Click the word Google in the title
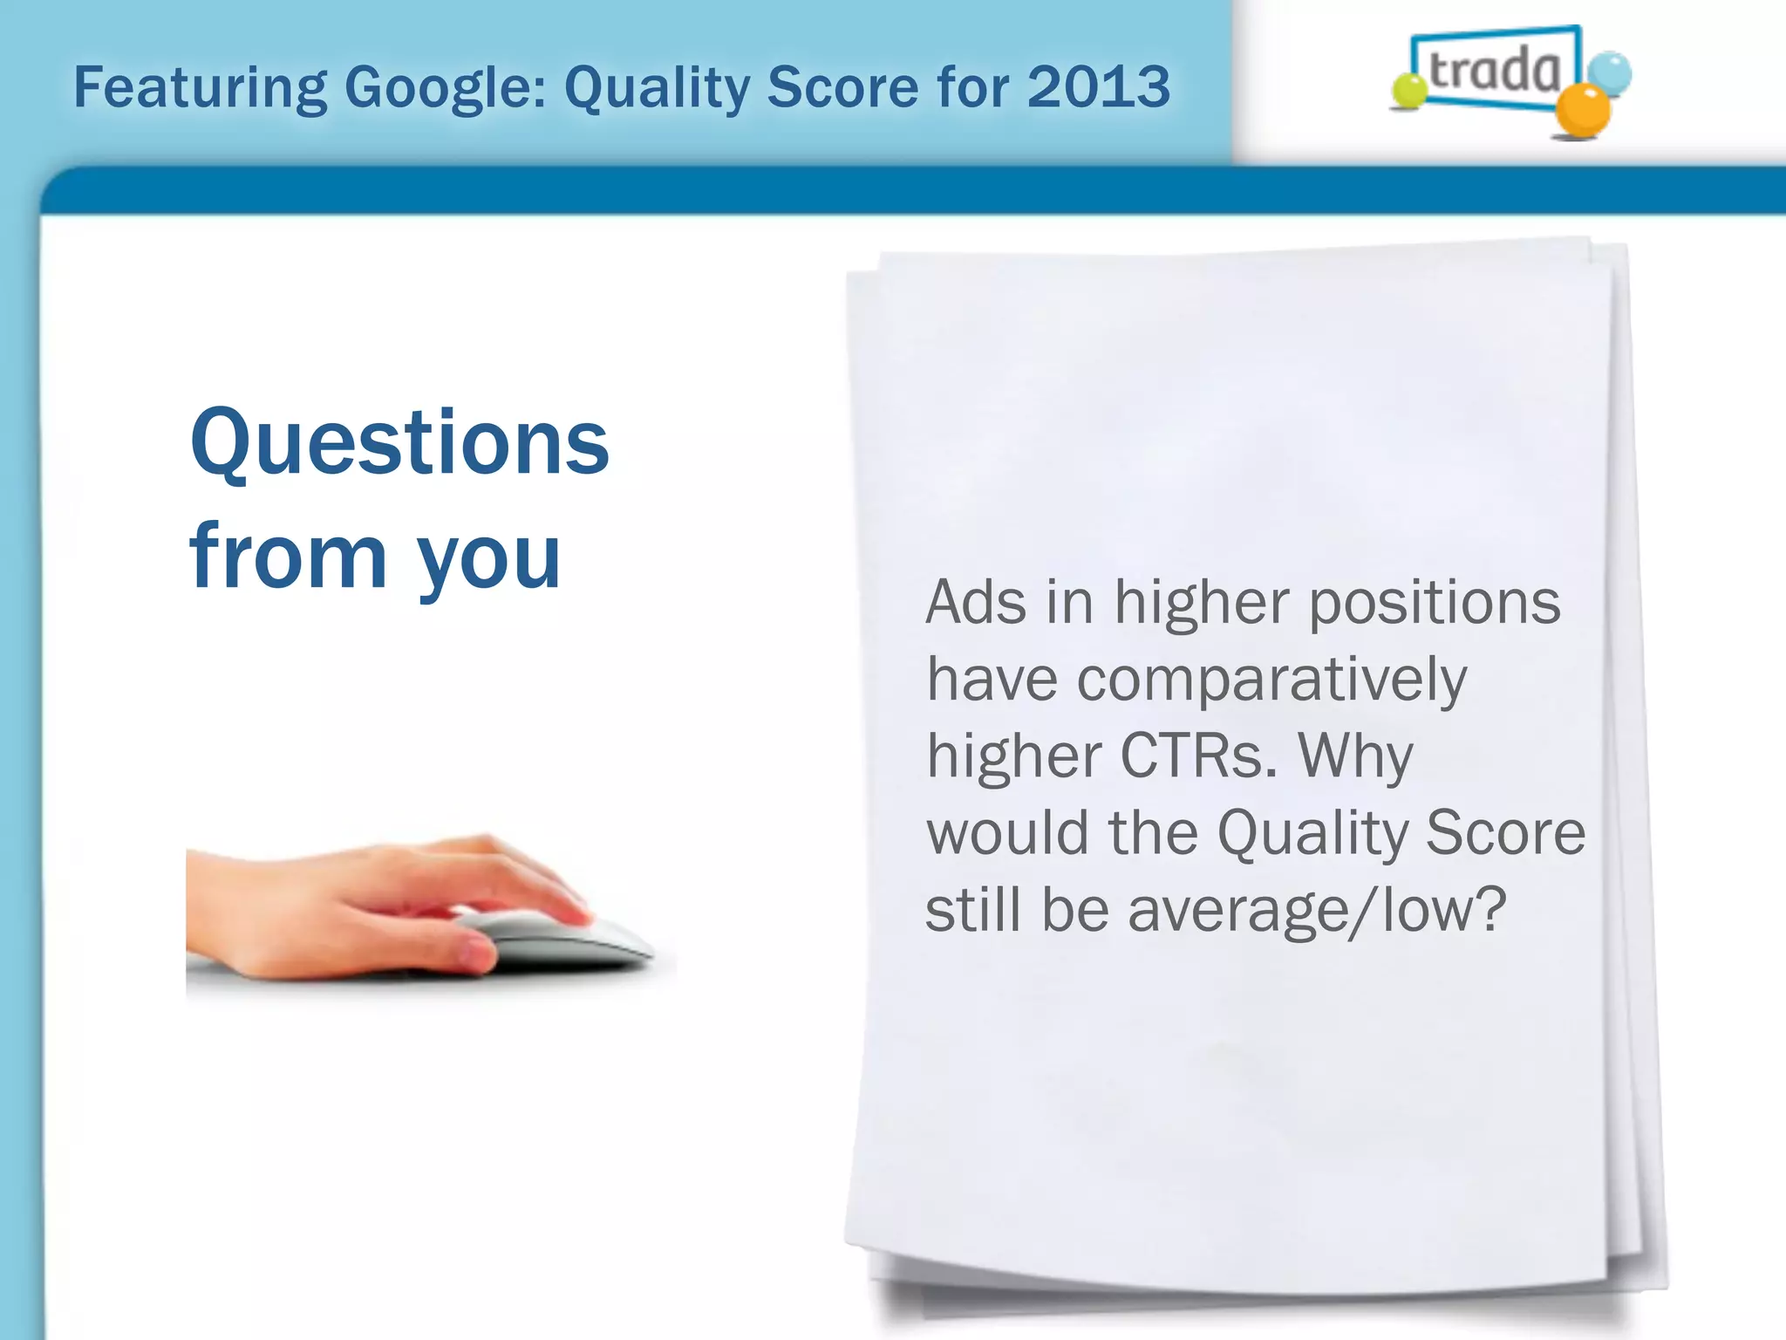coord(445,88)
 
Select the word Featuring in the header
coord(200,88)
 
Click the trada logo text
coord(1494,71)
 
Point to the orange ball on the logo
coord(1583,111)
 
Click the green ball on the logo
coord(1408,91)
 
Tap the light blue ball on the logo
coord(1609,72)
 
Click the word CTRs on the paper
coord(1197,755)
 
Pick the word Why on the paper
coord(1355,755)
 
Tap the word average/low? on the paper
coord(1317,910)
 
